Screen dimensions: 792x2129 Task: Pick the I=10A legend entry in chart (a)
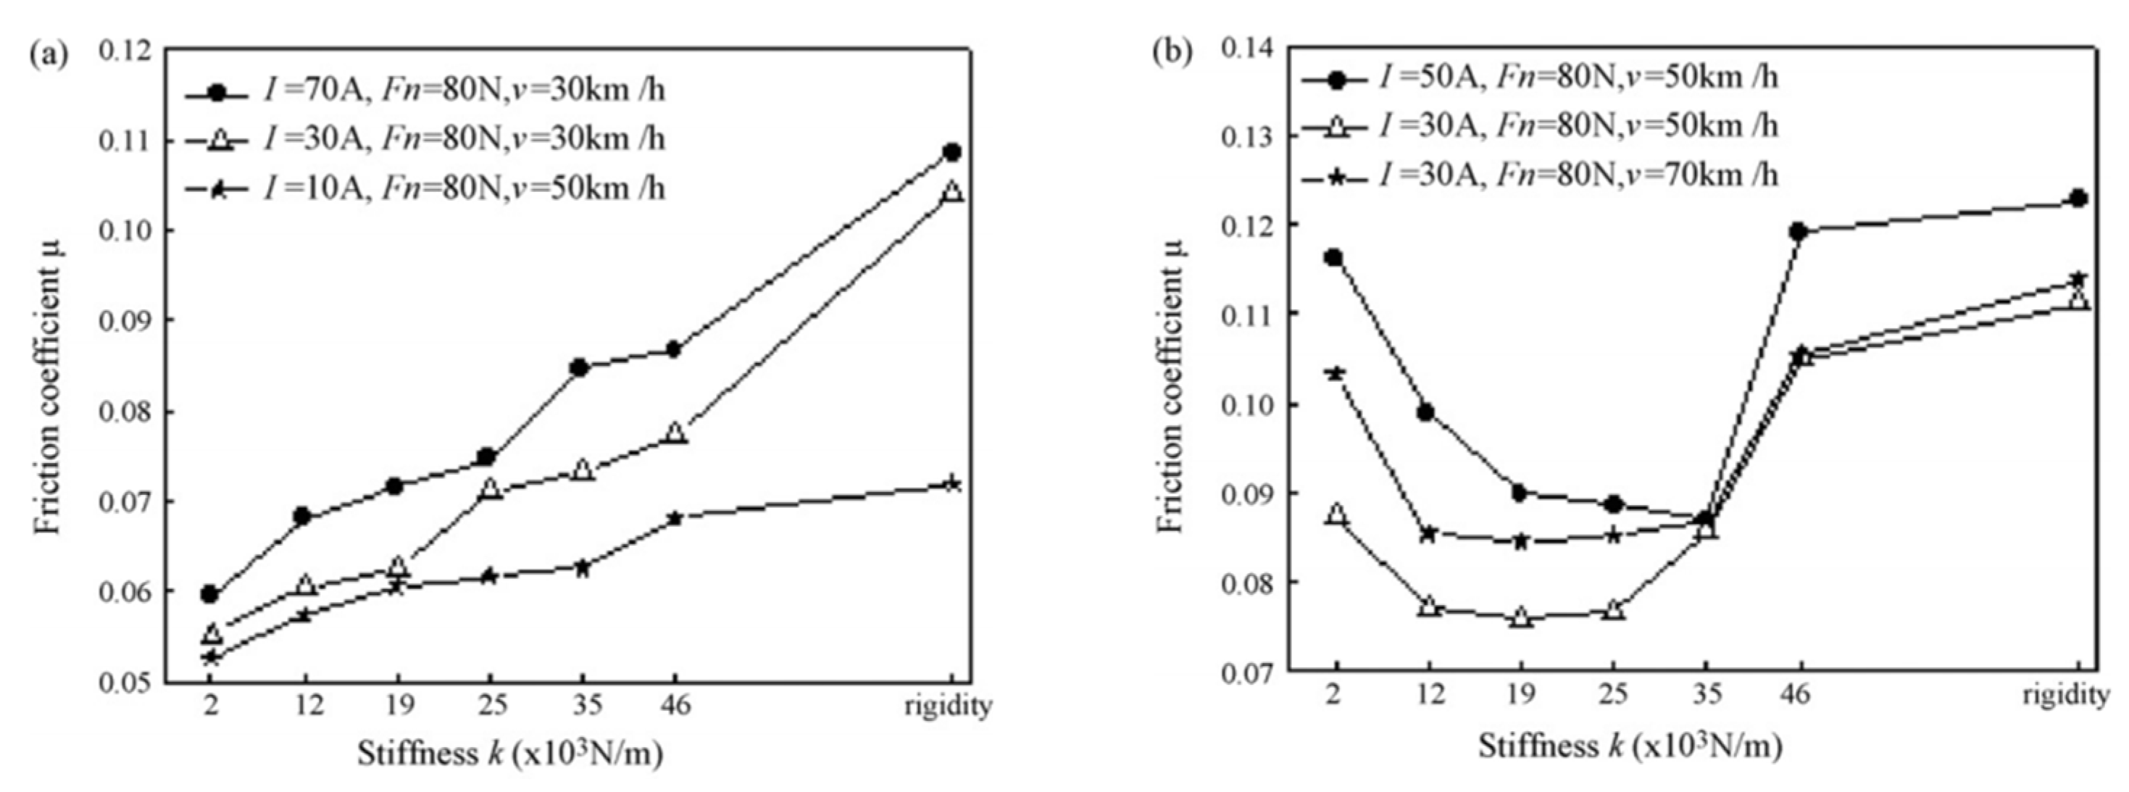[463, 189]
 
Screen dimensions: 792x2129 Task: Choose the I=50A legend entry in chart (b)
[1577, 78]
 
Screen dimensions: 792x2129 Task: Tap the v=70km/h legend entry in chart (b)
[1577, 175]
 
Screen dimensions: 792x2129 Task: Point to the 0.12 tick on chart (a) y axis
[125, 51]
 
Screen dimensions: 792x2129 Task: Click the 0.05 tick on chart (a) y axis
[125, 683]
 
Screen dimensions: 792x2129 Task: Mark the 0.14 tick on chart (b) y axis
[1249, 49]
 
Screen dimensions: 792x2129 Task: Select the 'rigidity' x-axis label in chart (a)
[948, 705]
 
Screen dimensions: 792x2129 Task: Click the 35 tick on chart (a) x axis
[583, 705]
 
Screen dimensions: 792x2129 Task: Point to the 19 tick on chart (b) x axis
[1522, 694]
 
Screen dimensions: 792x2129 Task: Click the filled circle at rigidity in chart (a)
[952, 152]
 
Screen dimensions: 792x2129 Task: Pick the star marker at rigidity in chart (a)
[952, 483]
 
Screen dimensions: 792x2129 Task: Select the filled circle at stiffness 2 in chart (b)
[1334, 257]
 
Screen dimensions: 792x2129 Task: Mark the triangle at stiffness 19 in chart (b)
[1521, 617]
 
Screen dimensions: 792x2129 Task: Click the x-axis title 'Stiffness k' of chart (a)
[510, 753]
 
